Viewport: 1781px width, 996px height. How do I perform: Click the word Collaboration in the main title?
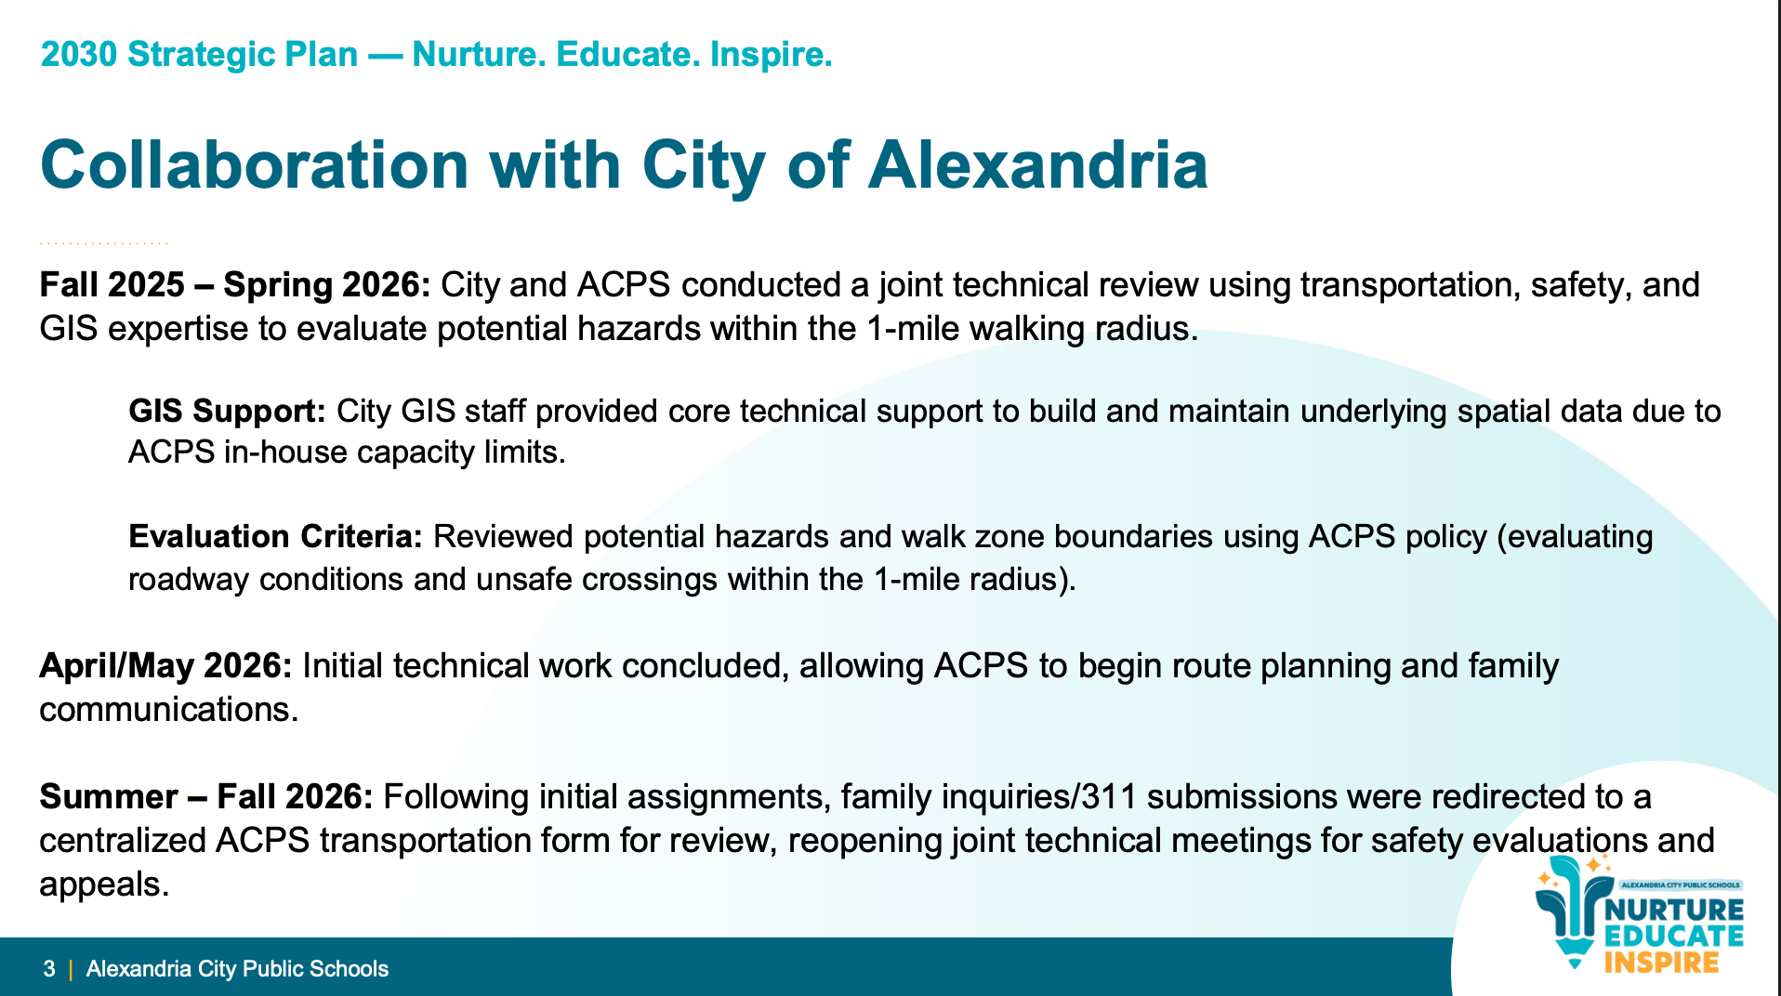(255, 165)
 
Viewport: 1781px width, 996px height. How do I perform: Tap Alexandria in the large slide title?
(1037, 165)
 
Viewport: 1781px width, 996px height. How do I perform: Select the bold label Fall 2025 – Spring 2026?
(235, 284)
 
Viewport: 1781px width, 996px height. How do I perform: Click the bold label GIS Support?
(227, 411)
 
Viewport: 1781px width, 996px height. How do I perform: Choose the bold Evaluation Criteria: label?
(275, 536)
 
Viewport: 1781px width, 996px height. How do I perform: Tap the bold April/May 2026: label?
(165, 666)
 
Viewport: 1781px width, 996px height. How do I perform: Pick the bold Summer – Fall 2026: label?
(206, 796)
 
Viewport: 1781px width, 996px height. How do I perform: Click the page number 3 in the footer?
(49, 969)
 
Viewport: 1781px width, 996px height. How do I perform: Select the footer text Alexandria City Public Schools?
(237, 969)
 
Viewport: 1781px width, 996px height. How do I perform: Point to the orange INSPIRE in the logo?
(1661, 962)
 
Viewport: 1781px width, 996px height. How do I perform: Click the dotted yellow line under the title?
(104, 243)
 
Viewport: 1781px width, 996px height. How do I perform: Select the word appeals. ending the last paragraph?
(104, 885)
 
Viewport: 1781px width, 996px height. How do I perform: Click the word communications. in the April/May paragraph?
(169, 710)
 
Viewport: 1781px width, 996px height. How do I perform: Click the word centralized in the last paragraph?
(123, 841)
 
